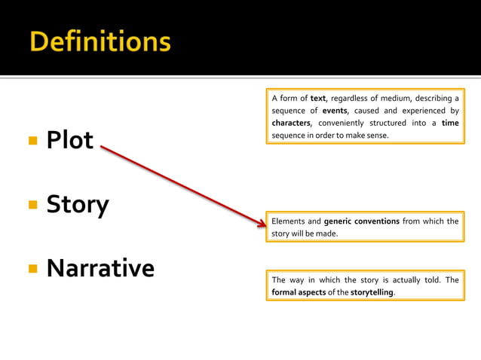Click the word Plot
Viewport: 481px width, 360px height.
point(70,140)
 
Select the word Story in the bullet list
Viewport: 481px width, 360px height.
point(78,204)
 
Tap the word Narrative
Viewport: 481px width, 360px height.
point(100,268)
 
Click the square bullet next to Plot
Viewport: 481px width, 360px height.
point(32,141)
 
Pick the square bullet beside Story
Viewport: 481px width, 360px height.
point(32,205)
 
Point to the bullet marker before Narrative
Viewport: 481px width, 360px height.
point(32,269)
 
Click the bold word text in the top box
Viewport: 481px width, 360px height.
point(317,98)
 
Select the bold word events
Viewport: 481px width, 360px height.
point(335,111)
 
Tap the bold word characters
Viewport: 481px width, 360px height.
point(291,123)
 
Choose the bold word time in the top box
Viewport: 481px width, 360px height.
point(450,123)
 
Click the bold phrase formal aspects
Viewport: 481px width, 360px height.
point(299,292)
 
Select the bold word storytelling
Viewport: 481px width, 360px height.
point(372,292)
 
